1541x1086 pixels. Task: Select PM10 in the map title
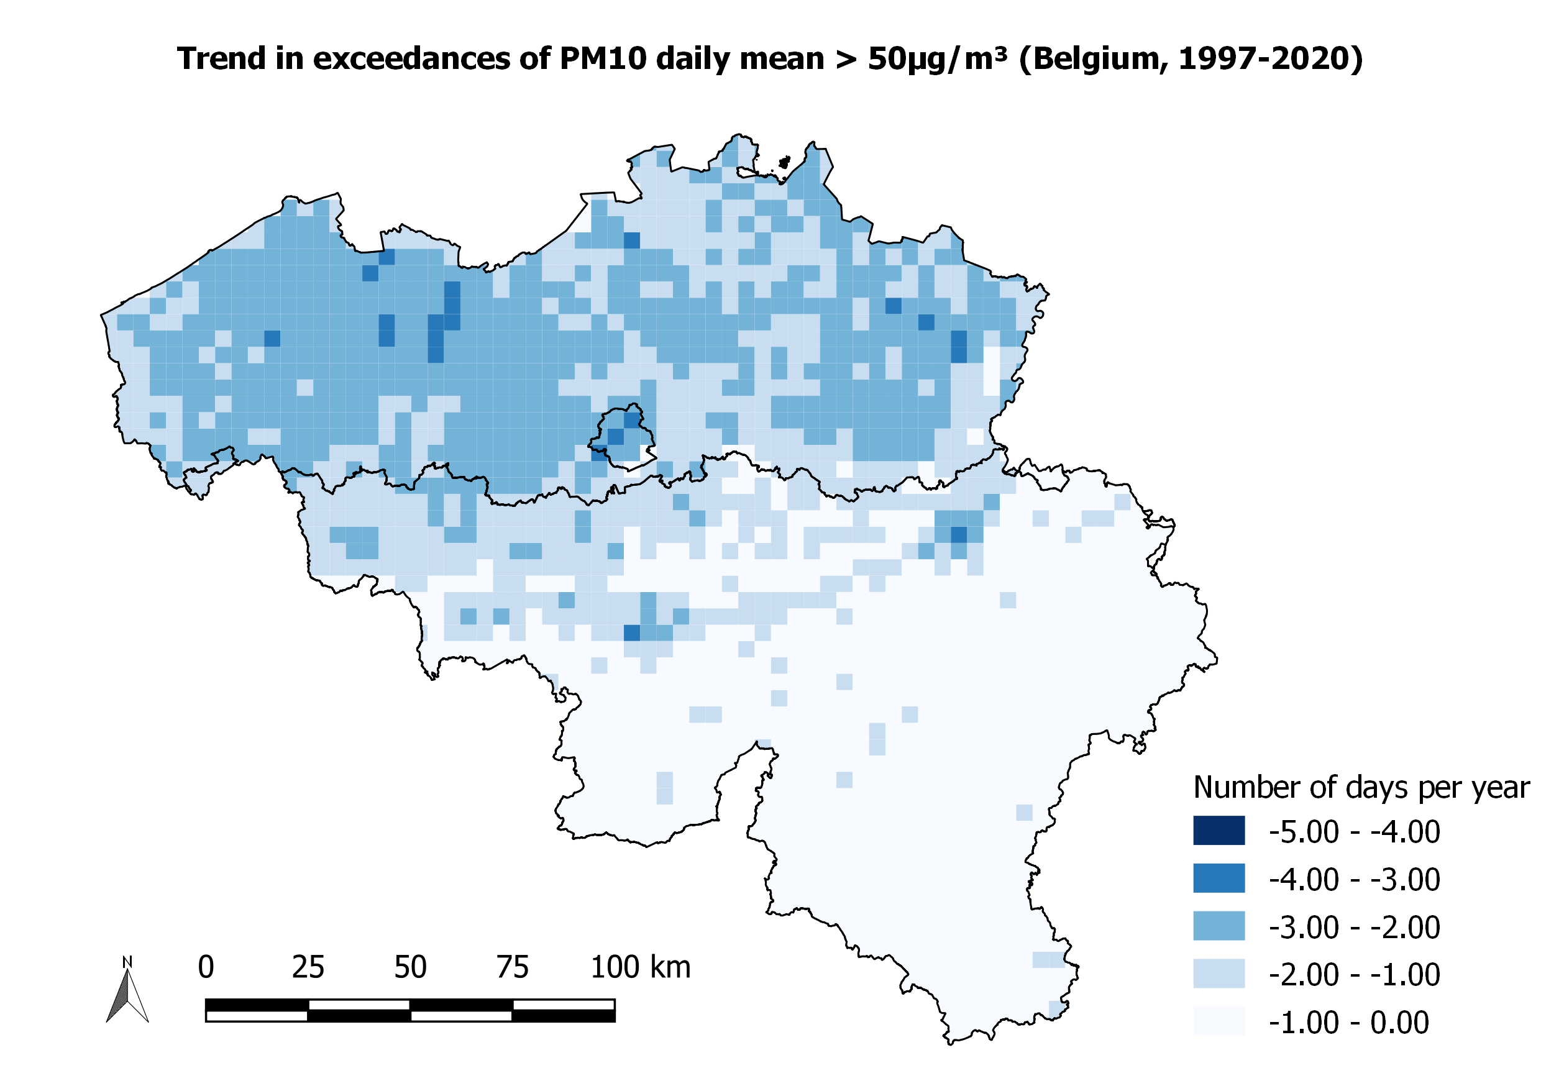[601, 59]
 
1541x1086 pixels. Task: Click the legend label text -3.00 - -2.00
[1354, 927]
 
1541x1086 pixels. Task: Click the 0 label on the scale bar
[206, 967]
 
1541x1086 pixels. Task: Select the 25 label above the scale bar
[308, 967]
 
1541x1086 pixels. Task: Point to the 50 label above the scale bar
[410, 967]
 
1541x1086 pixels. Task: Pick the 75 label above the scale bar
[513, 967]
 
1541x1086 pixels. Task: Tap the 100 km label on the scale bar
[640, 967]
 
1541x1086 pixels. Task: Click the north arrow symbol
[127, 996]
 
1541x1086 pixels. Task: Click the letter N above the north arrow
[127, 962]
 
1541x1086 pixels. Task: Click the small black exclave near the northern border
[785, 162]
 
